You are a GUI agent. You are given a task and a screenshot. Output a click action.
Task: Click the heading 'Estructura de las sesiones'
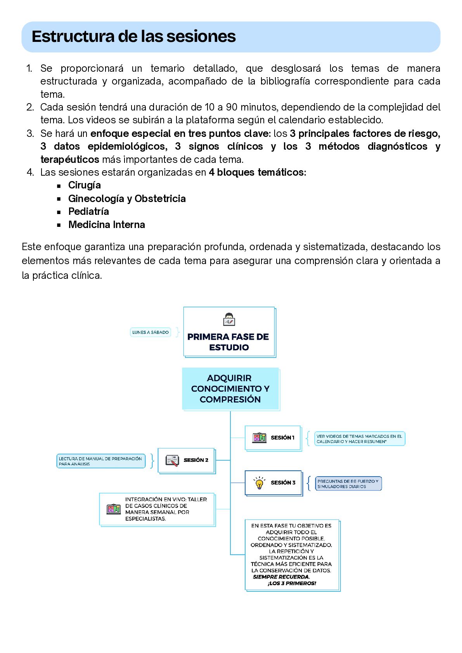coord(133,36)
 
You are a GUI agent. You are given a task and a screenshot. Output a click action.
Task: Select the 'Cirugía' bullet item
coord(84,185)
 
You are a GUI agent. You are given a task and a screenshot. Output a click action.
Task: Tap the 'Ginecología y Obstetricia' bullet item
coord(127,199)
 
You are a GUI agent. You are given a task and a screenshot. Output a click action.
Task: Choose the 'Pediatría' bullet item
coord(88,212)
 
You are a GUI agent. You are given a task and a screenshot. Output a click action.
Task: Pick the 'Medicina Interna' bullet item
coord(107,225)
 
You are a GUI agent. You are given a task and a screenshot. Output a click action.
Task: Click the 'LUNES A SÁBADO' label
coord(151,332)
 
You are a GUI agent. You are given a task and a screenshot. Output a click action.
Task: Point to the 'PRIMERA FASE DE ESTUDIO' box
coord(228,341)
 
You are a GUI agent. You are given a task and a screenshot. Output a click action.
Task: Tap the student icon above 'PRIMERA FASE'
coord(229,320)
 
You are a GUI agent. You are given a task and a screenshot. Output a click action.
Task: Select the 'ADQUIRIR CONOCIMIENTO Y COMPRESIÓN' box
coord(230,389)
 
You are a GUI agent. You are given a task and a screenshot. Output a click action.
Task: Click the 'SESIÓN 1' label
coord(282,438)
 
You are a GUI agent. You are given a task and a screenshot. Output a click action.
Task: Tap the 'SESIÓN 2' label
coord(196,460)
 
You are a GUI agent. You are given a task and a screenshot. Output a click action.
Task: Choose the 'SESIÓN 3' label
coord(283,483)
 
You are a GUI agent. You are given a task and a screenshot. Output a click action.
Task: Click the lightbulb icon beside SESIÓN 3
coord(260,483)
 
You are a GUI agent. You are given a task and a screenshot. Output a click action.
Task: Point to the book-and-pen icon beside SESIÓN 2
coord(172,460)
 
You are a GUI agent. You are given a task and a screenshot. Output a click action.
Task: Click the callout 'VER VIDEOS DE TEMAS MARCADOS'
coord(359,439)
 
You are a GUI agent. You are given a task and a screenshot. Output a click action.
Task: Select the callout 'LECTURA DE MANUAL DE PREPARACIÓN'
coord(100,461)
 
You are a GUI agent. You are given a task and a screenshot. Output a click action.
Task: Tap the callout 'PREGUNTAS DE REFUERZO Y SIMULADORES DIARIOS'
coord(348,484)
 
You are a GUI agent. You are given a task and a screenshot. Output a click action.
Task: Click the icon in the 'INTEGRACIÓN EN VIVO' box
coord(114,509)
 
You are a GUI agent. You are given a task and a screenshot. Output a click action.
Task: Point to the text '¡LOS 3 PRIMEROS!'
coord(292,583)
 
